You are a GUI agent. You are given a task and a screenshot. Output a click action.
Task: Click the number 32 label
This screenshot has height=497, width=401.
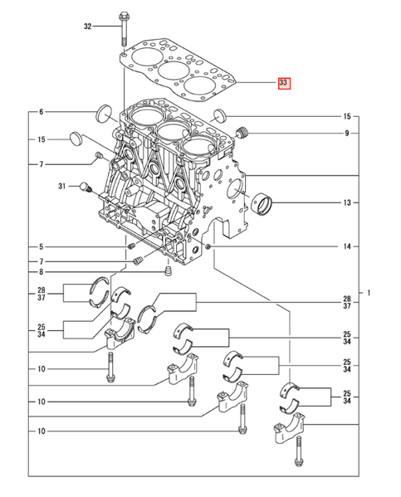coord(87,27)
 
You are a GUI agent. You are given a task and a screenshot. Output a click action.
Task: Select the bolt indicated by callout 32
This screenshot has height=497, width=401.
coord(123,25)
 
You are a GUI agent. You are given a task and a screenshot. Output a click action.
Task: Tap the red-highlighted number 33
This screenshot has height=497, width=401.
coord(284,83)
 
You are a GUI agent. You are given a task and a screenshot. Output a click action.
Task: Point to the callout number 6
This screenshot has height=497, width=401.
coord(39,112)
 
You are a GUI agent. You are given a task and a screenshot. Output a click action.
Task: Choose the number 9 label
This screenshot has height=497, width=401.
coord(346,133)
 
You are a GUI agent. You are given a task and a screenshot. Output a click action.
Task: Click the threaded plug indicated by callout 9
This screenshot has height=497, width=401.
coord(243,132)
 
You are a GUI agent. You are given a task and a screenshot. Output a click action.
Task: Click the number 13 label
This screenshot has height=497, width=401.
coord(346,202)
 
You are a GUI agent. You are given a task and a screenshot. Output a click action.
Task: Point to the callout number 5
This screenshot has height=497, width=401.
coord(39,246)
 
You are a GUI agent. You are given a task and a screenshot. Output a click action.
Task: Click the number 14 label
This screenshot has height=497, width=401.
coord(346,246)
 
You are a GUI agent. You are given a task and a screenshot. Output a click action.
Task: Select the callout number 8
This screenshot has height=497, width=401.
coord(39,272)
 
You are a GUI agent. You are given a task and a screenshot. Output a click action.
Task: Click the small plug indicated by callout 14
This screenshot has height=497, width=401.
coord(208,246)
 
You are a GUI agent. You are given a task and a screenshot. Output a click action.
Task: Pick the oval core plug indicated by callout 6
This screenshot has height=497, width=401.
coord(105,112)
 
